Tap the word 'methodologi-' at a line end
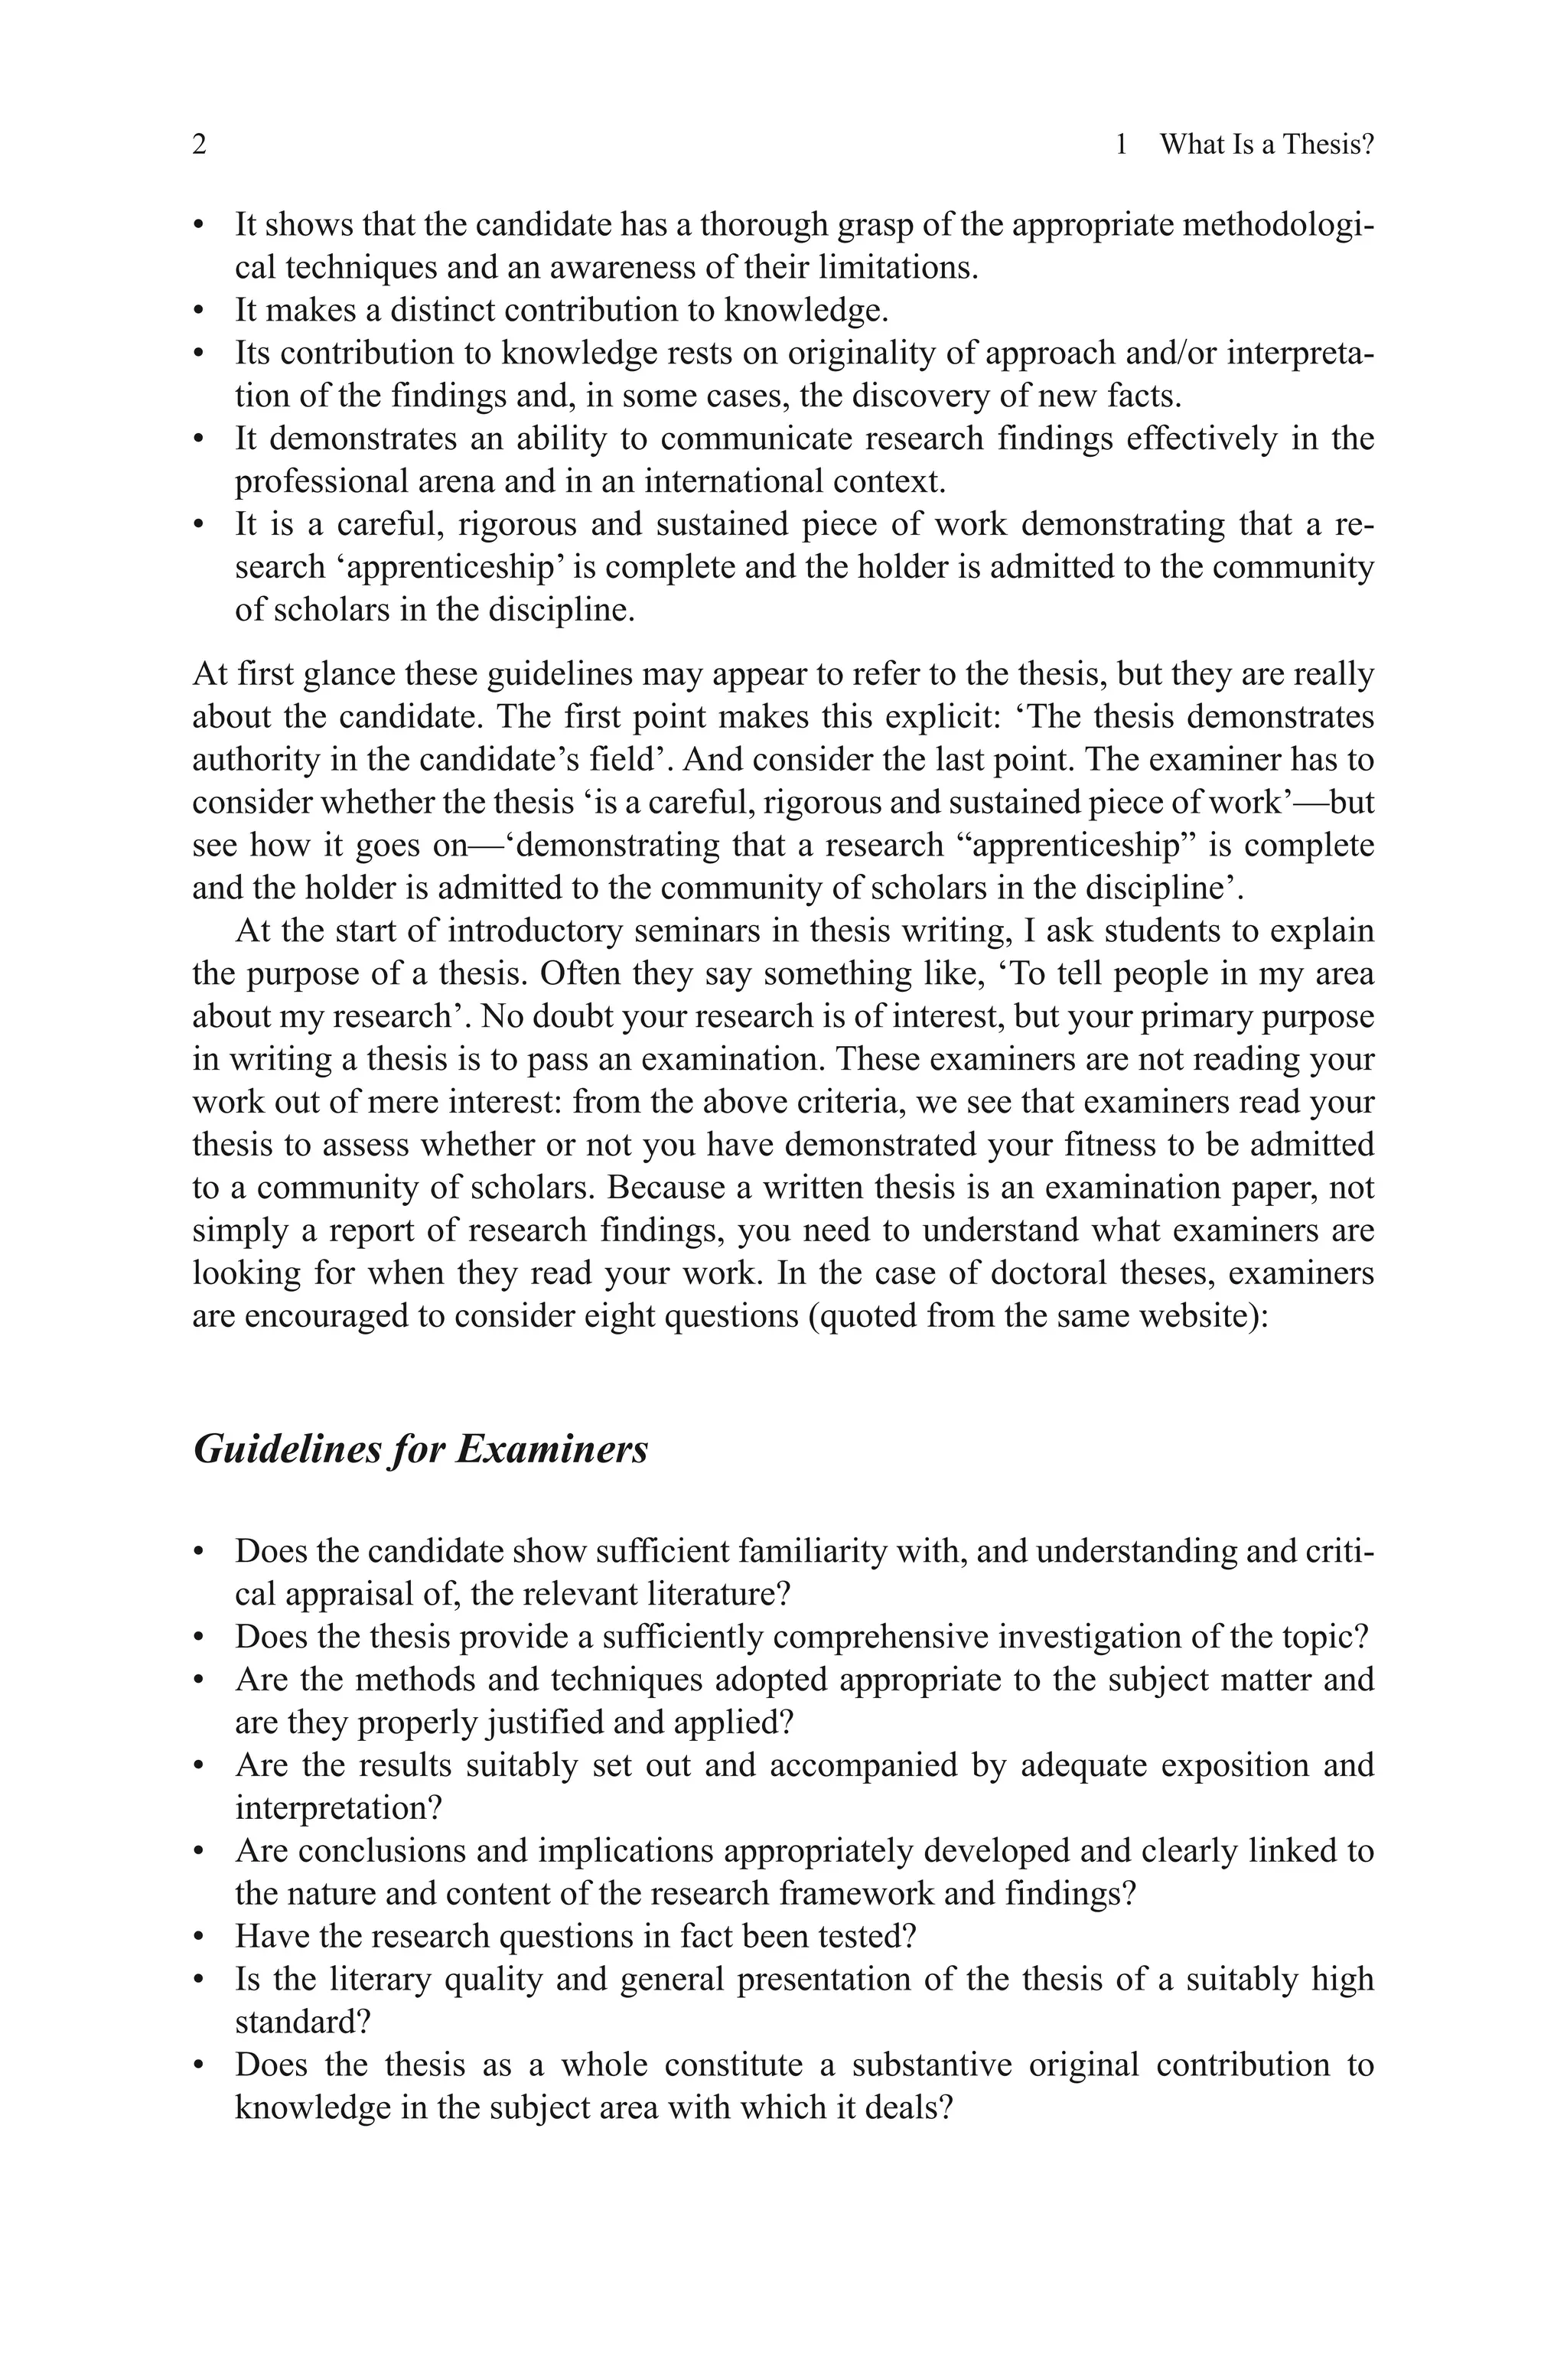tap(1277, 225)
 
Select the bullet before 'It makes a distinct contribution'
tap(199, 311)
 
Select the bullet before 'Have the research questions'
tap(199, 1938)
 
